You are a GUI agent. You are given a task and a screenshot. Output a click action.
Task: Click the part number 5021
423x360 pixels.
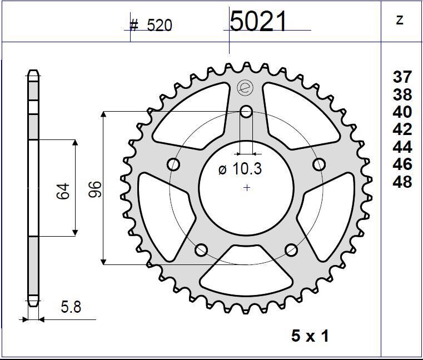tap(258, 22)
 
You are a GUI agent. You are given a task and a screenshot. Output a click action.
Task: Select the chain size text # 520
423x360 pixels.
tap(151, 25)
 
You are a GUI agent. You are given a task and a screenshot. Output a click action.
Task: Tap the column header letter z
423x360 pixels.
tap(399, 21)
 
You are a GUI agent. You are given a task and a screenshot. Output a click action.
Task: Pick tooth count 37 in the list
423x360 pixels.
tap(402, 77)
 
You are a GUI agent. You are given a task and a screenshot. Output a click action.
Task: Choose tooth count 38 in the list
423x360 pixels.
tap(402, 94)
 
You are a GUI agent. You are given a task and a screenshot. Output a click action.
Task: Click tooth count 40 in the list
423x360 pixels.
tap(402, 112)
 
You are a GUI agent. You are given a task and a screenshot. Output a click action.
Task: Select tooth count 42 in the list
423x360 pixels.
tap(402, 129)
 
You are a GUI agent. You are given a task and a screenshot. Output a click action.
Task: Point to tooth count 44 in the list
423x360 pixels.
tap(402, 147)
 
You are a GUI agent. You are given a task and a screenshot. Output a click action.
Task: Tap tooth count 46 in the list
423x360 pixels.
tap(402, 164)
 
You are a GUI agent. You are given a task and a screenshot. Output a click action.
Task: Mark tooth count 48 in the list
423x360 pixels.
tap(402, 182)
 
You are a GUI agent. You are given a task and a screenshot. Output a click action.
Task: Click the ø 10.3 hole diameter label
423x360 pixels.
tap(240, 169)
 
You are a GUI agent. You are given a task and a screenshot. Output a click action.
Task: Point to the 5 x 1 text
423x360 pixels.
tap(310, 336)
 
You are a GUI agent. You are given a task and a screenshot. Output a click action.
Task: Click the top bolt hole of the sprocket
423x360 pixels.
tap(246, 112)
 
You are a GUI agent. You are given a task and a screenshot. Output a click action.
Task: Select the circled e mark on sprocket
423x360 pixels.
tap(245, 87)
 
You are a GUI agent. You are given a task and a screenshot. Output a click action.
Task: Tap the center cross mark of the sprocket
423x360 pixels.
tap(247, 188)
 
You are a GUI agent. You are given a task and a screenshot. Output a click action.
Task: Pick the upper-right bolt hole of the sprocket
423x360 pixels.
tap(319, 164)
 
